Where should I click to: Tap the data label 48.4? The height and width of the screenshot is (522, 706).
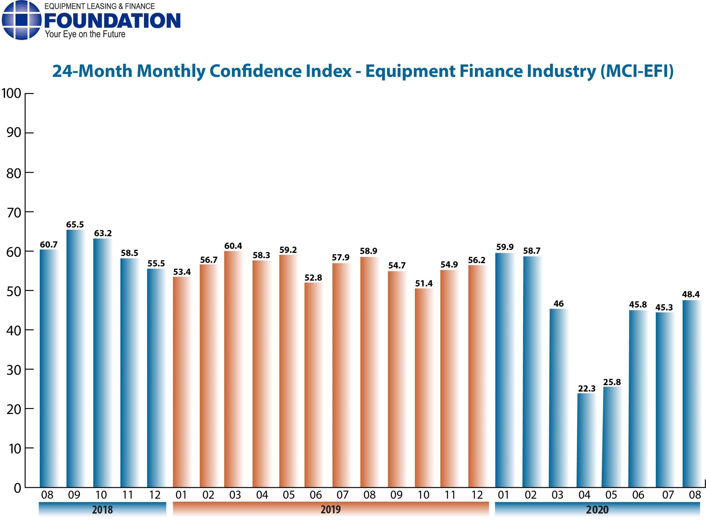pyautogui.click(x=691, y=294)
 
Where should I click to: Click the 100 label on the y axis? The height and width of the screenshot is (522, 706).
pyautogui.click(x=11, y=94)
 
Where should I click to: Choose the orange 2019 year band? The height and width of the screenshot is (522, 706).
pyautogui.click(x=330, y=509)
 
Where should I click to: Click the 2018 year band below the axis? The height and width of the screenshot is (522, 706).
pyautogui.click(x=102, y=509)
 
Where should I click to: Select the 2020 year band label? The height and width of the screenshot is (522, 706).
pyautogui.click(x=597, y=509)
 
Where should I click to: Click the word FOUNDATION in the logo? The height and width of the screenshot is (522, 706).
pyautogui.click(x=113, y=21)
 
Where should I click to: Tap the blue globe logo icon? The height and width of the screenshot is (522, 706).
pyautogui.click(x=22, y=20)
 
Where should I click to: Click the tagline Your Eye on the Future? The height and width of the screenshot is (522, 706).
pyautogui.click(x=85, y=34)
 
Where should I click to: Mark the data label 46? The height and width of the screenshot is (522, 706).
pyautogui.click(x=558, y=304)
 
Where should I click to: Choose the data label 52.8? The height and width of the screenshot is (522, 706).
pyautogui.click(x=313, y=278)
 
